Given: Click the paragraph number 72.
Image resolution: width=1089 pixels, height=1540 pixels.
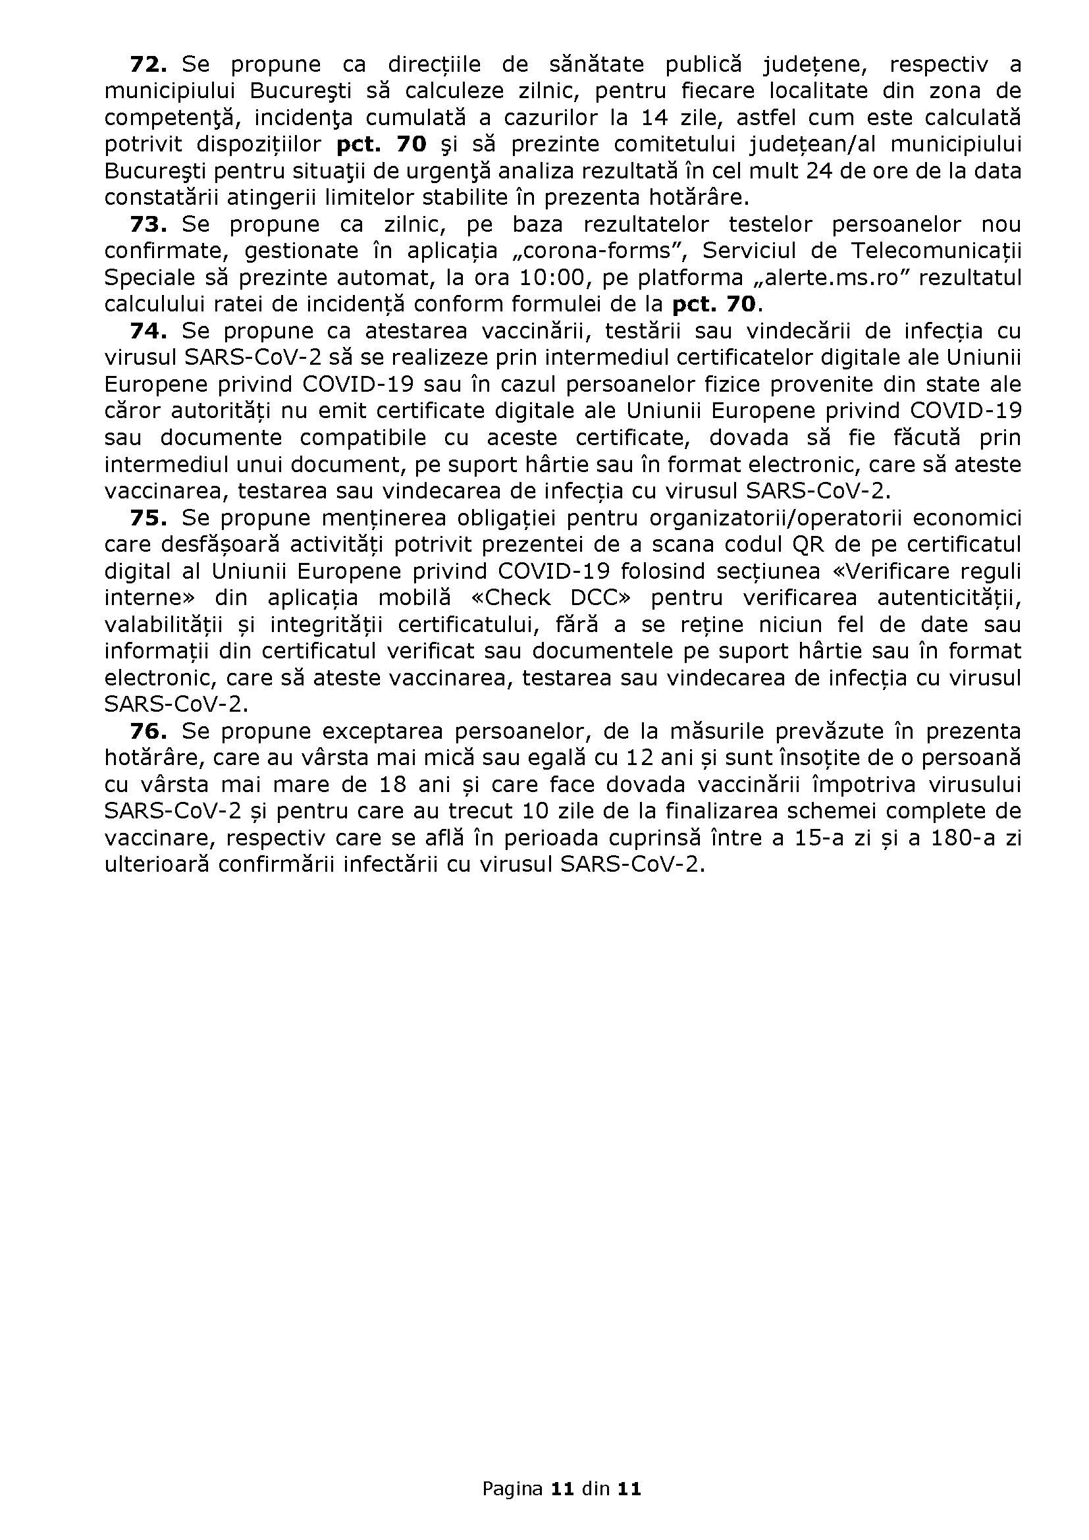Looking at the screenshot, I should coord(147,65).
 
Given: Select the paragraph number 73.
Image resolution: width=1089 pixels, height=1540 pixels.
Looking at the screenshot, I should coord(147,224).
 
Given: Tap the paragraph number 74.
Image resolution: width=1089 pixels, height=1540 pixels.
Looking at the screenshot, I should coord(147,331).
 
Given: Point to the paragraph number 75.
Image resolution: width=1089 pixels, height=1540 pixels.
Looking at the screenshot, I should coord(147,518).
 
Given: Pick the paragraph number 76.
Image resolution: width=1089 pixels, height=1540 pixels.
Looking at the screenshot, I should coord(147,731).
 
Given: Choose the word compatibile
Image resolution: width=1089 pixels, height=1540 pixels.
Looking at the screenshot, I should coord(363,438).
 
